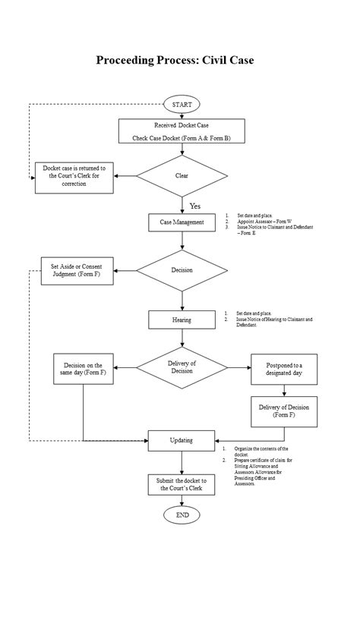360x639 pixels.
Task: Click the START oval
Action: (182, 104)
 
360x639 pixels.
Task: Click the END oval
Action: (182, 515)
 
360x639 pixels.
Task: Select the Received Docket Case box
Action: (182, 131)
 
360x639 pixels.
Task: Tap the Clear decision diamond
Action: (182, 175)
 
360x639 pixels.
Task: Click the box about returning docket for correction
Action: (74, 175)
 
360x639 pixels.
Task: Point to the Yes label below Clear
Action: (195, 206)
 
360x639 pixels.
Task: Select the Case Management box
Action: (182, 222)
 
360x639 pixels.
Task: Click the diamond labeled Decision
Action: (182, 270)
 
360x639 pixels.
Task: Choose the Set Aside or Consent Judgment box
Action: (77, 271)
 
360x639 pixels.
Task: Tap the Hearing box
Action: (182, 319)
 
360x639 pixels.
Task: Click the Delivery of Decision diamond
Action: (182, 367)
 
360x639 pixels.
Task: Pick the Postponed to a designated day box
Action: (283, 369)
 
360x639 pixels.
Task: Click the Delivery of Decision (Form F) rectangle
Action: (283, 411)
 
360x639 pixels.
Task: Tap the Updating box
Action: (182, 440)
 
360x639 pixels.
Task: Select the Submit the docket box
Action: (182, 485)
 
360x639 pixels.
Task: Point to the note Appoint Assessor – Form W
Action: (259, 222)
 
